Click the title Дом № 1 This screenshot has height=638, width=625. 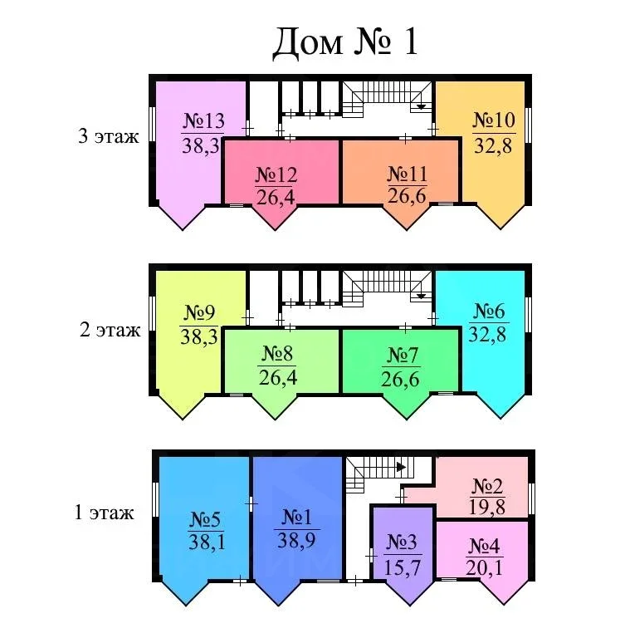[345, 42]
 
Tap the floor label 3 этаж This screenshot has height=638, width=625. [108, 137]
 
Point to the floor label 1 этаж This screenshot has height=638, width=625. [105, 513]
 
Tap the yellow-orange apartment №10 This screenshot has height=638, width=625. [494, 141]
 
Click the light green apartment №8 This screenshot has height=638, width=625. [277, 366]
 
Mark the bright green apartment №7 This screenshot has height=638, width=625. [403, 366]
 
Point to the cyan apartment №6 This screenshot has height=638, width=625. [490, 332]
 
